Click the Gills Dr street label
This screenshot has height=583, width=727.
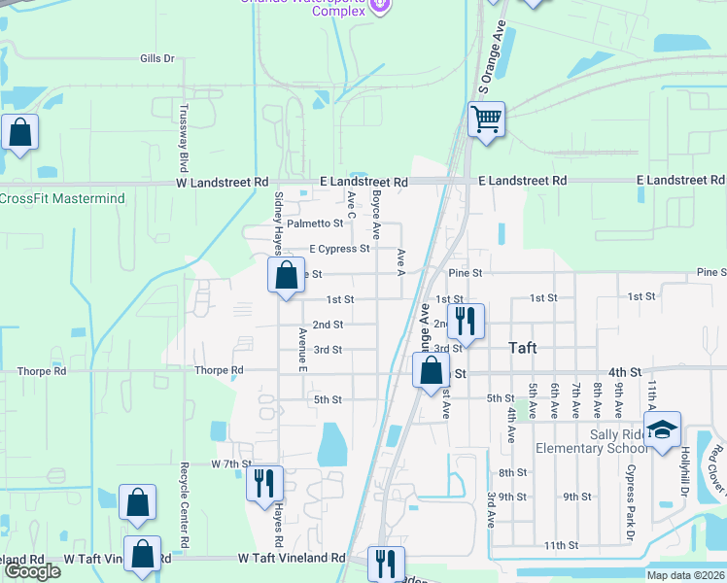(156, 58)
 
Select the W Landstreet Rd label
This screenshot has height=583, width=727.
(222, 182)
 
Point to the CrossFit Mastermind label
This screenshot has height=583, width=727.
(62, 198)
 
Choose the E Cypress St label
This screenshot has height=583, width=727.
(339, 249)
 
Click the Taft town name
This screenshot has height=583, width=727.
(530, 347)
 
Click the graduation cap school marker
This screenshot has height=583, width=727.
(662, 430)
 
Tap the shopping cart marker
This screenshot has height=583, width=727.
(486, 120)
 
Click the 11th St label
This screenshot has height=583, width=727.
(561, 546)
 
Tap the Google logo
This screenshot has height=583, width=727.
(32, 571)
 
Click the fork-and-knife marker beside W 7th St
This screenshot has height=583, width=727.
(263, 482)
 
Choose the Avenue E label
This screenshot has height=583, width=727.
(303, 349)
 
